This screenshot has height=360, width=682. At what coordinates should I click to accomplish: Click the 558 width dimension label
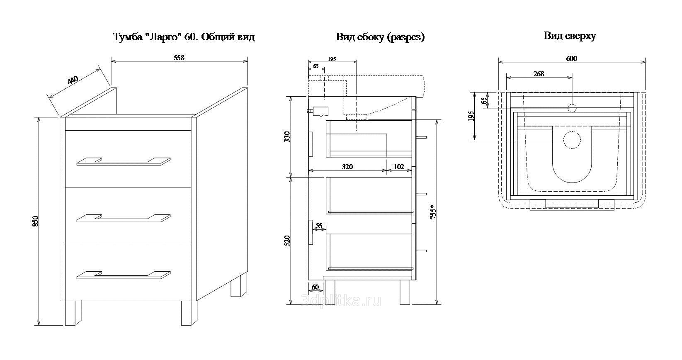[x=179, y=58]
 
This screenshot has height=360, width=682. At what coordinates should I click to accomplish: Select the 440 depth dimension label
[x=73, y=80]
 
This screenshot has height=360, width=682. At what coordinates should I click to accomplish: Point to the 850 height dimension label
[x=35, y=221]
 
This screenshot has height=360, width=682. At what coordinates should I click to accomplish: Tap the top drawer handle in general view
[x=124, y=162]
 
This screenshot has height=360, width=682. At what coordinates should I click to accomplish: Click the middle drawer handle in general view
[x=124, y=218]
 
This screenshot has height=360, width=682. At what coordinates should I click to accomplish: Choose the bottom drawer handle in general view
[x=124, y=275]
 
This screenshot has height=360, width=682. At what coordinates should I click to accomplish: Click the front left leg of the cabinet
[x=73, y=313]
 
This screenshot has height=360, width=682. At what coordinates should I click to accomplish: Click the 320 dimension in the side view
[x=347, y=167]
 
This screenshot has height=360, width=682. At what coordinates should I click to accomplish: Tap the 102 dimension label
[x=398, y=167]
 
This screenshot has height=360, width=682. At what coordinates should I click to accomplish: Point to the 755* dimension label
[x=433, y=212]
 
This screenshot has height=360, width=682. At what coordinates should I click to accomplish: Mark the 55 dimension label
[x=319, y=226]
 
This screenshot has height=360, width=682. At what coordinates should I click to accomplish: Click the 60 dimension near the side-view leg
[x=315, y=287]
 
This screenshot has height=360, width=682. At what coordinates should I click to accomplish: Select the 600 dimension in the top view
[x=571, y=58]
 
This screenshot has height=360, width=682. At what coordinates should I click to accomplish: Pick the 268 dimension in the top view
[x=539, y=74]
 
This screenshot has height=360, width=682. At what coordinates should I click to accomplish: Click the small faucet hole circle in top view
[x=572, y=108]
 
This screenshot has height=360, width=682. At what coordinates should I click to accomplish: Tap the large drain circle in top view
[x=571, y=140]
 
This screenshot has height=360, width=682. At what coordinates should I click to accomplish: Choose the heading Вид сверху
[x=570, y=36]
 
